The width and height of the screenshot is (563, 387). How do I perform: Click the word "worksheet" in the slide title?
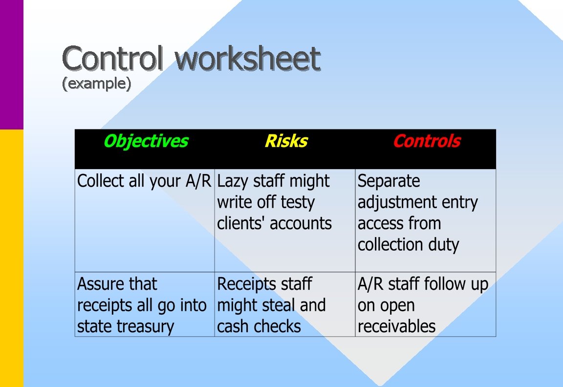click(248, 59)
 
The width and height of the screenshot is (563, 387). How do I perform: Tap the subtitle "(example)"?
click(97, 84)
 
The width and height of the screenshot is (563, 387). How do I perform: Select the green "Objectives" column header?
click(146, 141)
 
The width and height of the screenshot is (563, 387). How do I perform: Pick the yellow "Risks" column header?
click(286, 141)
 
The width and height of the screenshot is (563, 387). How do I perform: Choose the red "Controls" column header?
click(427, 141)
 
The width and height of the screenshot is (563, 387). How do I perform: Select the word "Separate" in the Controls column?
click(389, 181)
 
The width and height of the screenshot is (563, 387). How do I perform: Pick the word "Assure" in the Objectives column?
click(96, 284)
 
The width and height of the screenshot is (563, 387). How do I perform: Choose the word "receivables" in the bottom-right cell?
click(396, 326)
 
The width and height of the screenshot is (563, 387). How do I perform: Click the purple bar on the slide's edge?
click(11, 64)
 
